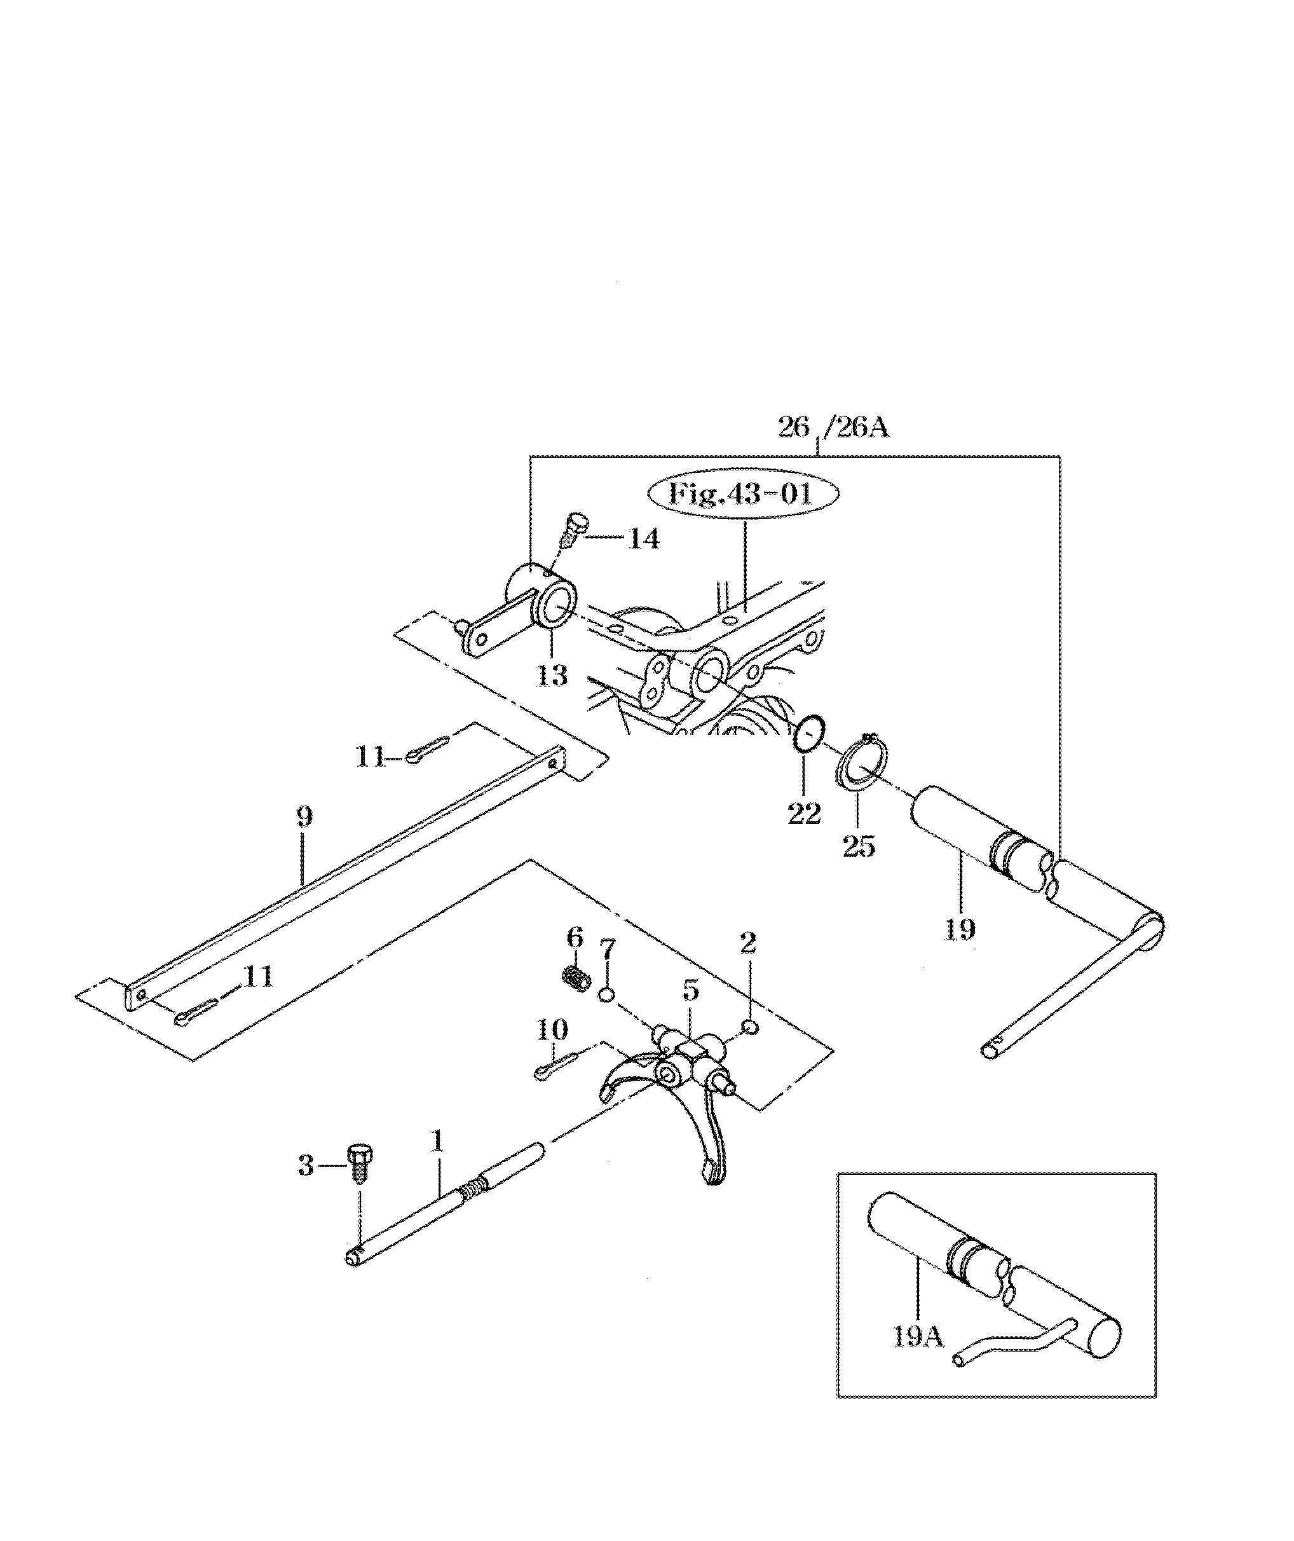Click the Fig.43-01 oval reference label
(x=742, y=494)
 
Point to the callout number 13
(x=551, y=676)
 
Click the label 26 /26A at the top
(x=833, y=428)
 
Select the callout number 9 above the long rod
(x=304, y=818)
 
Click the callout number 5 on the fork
(x=690, y=990)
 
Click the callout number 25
(x=859, y=847)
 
